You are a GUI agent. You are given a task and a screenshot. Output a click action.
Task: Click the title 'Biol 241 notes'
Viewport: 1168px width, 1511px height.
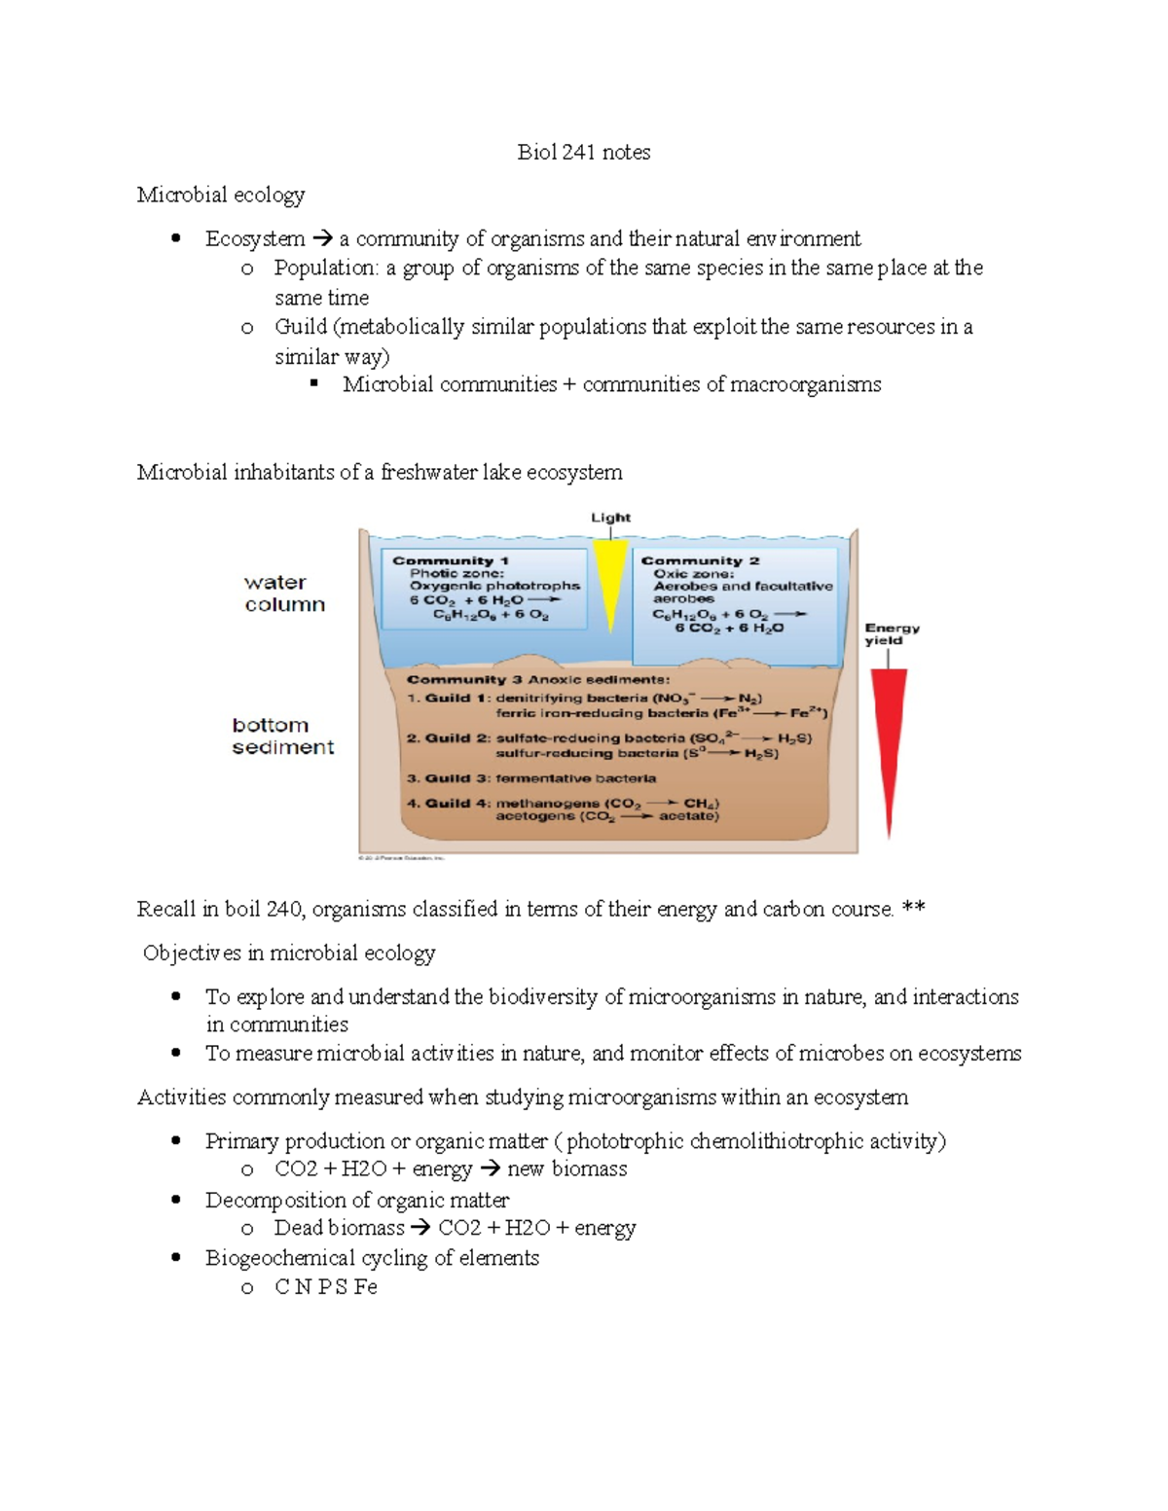583,152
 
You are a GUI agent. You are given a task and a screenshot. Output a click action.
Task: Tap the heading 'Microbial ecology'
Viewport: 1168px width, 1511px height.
220,195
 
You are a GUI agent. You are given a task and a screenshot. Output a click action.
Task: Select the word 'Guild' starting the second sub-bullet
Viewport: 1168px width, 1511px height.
300,327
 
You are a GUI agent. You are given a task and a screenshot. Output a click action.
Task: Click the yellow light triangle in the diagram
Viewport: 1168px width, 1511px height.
610,579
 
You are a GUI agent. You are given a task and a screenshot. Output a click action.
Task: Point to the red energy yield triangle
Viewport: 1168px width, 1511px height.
888,739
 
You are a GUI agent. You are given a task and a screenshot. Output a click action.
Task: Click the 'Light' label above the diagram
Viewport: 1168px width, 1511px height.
610,518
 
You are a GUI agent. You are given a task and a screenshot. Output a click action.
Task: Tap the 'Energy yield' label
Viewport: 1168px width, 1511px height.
891,634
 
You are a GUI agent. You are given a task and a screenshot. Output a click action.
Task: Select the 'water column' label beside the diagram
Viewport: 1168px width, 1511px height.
283,594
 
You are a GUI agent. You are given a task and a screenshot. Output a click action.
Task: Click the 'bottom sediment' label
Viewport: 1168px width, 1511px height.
282,737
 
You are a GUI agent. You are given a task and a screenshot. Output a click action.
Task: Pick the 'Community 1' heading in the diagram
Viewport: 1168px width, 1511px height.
450,560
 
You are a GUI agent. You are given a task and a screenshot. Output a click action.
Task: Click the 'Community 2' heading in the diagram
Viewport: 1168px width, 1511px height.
699,560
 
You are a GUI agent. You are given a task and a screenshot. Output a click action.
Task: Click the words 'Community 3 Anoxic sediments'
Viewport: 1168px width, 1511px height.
537,679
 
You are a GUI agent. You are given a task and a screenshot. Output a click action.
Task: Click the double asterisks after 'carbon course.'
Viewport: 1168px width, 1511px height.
913,909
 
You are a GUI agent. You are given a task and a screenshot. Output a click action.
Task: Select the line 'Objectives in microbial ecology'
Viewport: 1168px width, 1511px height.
289,953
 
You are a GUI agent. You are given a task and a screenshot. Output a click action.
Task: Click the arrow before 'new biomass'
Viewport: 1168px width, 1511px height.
490,1169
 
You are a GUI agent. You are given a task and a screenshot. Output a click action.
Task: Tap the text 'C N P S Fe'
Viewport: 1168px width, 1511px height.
325,1287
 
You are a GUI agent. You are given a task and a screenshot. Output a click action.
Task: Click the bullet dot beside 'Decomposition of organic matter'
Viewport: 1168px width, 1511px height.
176,1200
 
